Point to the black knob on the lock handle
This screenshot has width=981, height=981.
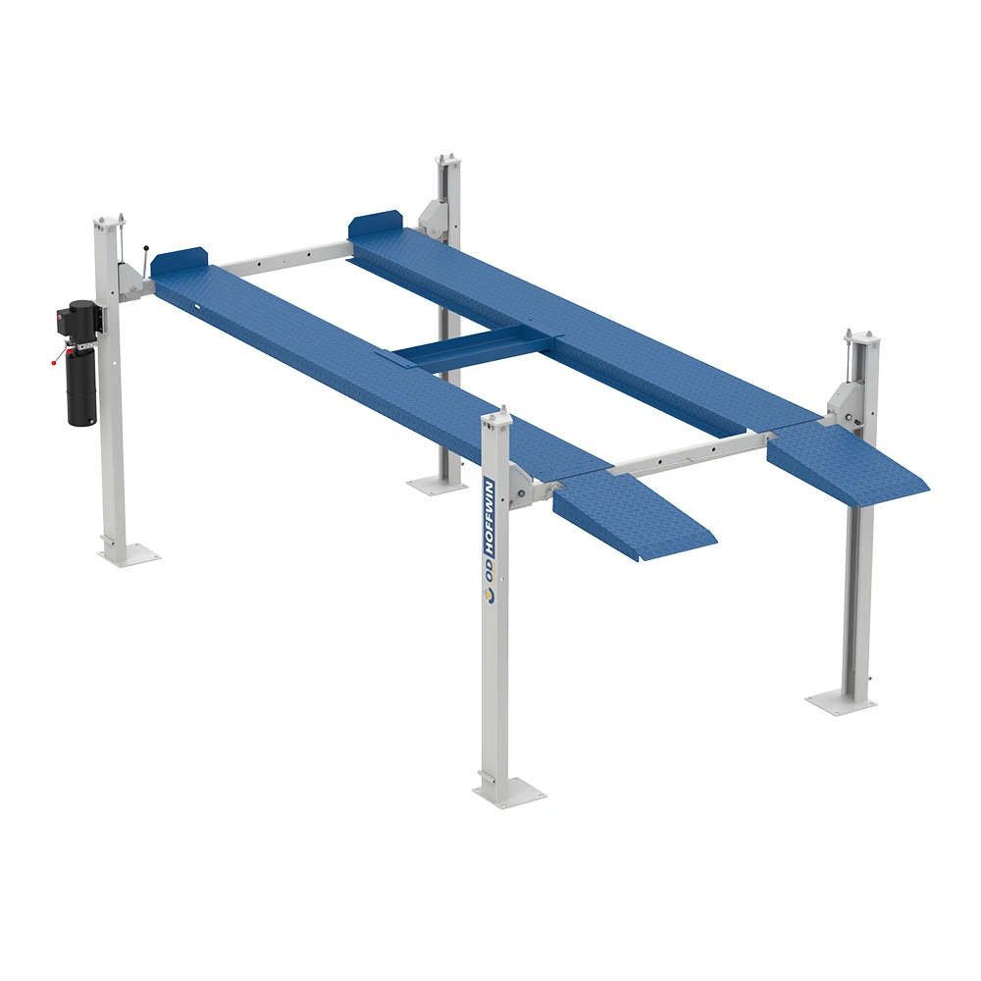[145, 249]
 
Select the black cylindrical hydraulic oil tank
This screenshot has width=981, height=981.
[81, 387]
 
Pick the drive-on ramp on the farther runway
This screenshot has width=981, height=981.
[850, 467]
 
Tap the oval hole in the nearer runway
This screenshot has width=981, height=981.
[198, 305]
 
